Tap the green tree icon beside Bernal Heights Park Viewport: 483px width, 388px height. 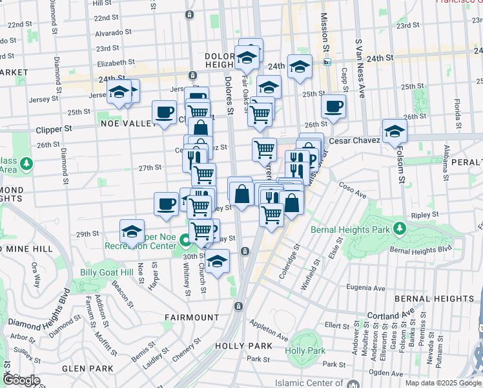click(x=400, y=228)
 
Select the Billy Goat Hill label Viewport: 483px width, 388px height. click(x=107, y=272)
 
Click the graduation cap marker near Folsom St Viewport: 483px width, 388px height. click(x=394, y=131)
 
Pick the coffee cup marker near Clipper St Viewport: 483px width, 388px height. click(x=165, y=112)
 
